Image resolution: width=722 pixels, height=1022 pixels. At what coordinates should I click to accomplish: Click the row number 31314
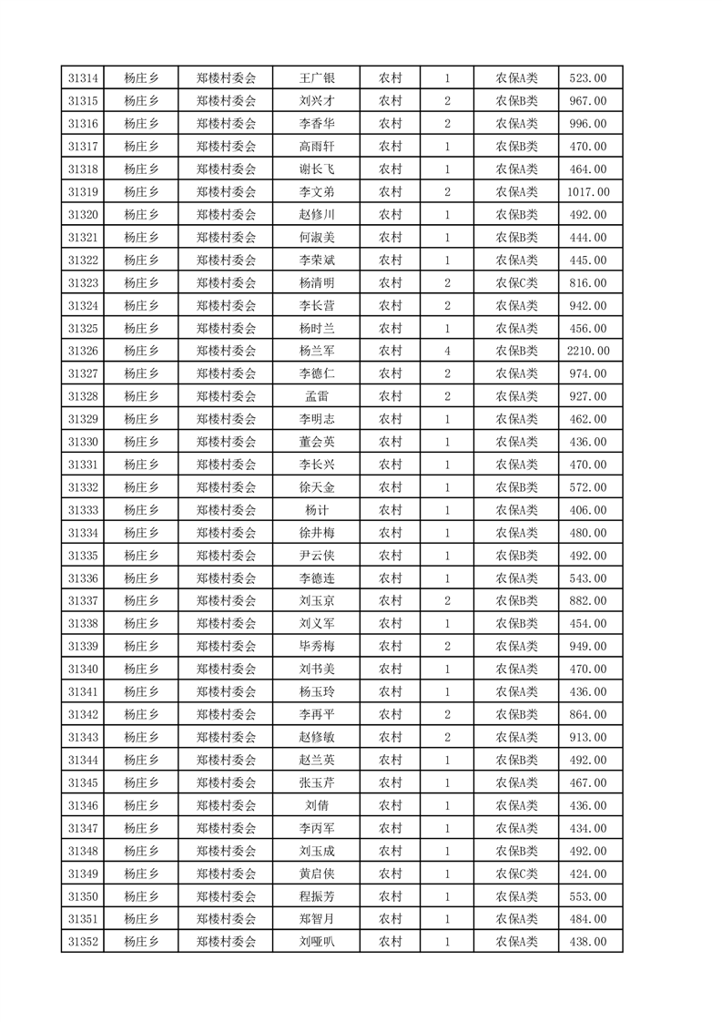pyautogui.click(x=83, y=78)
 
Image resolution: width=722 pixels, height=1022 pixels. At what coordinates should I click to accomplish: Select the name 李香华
pyautogui.click(x=317, y=124)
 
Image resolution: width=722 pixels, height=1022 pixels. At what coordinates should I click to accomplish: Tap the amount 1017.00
pyautogui.click(x=590, y=192)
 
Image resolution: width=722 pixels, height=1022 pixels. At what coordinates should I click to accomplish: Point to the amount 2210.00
pyautogui.click(x=590, y=351)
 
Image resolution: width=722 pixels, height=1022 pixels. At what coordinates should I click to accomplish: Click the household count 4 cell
pyautogui.click(x=447, y=351)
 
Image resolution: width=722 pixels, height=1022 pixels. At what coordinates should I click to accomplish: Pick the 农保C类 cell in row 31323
pyautogui.click(x=516, y=283)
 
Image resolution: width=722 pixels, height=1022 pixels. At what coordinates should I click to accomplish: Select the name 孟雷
pyautogui.click(x=317, y=396)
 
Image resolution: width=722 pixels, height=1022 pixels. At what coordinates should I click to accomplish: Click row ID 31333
pyautogui.click(x=83, y=510)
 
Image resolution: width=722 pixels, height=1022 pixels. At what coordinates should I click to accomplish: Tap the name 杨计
pyautogui.click(x=317, y=510)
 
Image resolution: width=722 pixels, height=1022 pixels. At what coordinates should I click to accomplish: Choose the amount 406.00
pyautogui.click(x=590, y=510)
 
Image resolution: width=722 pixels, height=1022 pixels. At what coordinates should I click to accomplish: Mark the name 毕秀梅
pyautogui.click(x=317, y=647)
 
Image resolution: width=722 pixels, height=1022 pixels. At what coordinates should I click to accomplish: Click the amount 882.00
pyautogui.click(x=590, y=601)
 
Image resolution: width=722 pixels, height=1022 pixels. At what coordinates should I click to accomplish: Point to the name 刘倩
pyautogui.click(x=317, y=805)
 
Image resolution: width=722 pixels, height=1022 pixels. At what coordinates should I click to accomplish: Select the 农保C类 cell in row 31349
pyautogui.click(x=516, y=874)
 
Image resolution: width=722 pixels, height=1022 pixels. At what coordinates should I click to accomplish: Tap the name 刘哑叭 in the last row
pyautogui.click(x=317, y=942)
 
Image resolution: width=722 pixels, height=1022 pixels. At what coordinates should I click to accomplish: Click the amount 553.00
pyautogui.click(x=590, y=896)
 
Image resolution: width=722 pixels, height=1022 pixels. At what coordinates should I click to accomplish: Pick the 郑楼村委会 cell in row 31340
pyautogui.click(x=227, y=669)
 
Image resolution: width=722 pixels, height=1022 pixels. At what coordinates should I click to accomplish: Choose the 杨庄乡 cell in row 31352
pyautogui.click(x=141, y=942)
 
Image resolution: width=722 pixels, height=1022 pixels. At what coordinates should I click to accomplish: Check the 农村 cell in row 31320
pyautogui.click(x=391, y=215)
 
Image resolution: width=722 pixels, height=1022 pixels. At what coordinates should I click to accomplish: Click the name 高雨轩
pyautogui.click(x=317, y=147)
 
